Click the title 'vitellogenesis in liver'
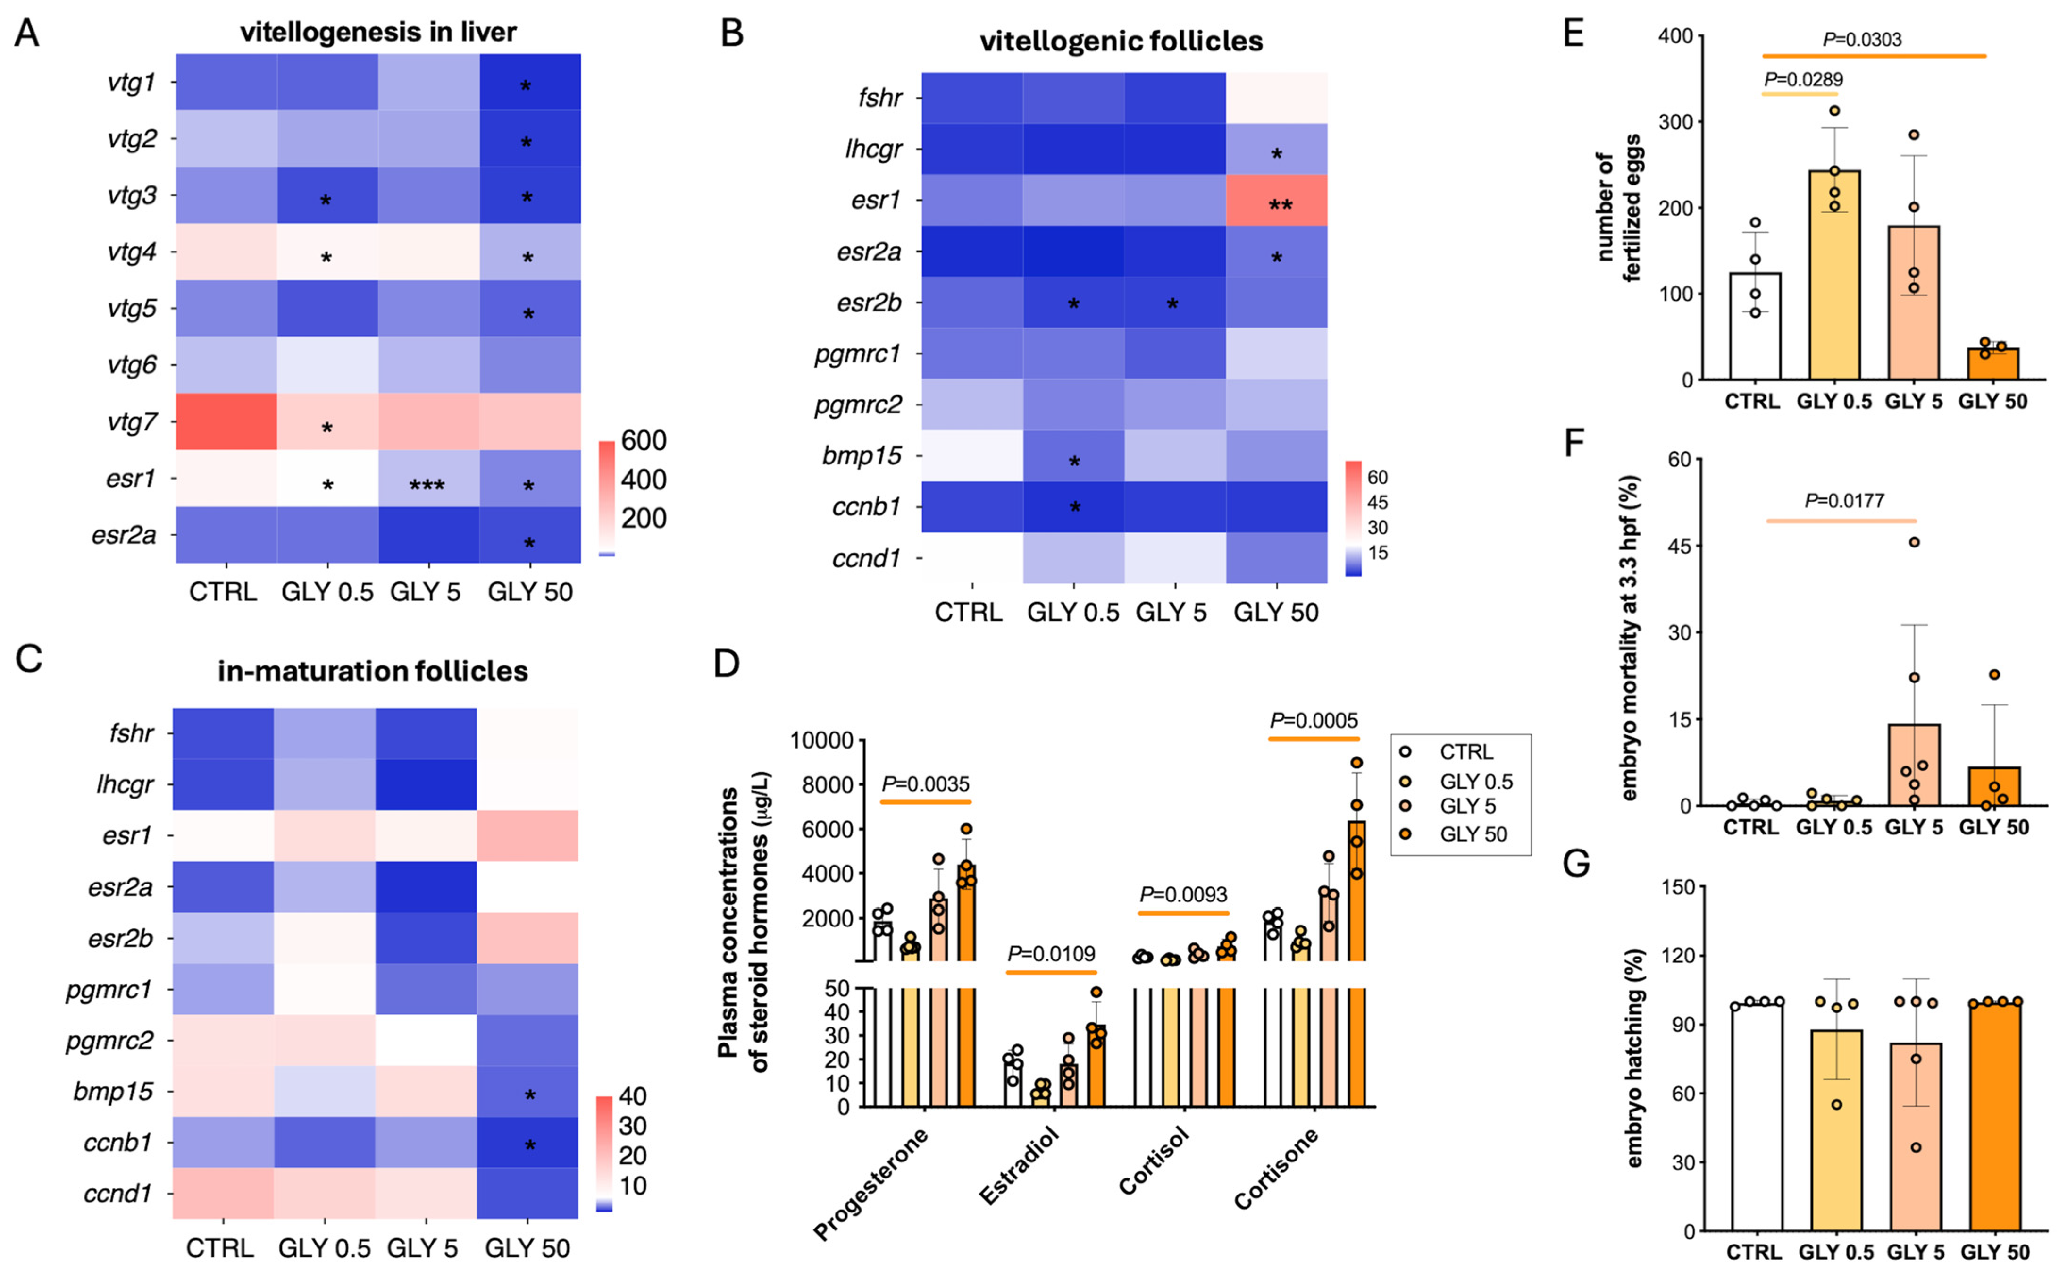tap(378, 32)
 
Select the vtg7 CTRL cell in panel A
tap(226, 421)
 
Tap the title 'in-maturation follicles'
tap(373, 671)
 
